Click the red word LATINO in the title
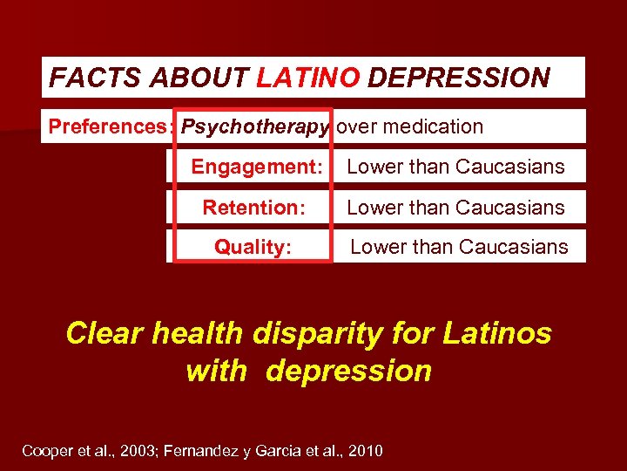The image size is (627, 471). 307,78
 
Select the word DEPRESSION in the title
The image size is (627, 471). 458,78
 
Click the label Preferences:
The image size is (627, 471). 111,126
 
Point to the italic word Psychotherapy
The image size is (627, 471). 255,126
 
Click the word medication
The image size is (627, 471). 433,126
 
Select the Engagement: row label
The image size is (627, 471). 257,167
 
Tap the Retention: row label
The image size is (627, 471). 253,208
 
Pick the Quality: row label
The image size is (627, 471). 253,247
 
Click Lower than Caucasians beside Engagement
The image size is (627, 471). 455,167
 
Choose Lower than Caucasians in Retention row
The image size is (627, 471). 455,208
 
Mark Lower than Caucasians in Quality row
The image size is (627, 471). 459,247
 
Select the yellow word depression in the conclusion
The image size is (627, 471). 348,371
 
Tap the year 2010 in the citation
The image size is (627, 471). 364,451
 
